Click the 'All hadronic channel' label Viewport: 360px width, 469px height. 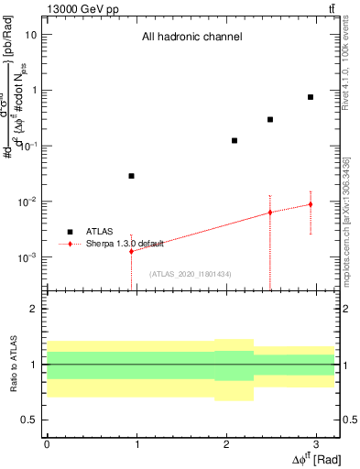point(191,38)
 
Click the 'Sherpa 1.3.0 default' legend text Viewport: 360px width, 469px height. point(125,244)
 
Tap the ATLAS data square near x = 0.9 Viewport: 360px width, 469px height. point(132,176)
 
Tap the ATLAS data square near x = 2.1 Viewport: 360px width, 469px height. point(235,140)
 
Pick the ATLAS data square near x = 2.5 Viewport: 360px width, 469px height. point(270,119)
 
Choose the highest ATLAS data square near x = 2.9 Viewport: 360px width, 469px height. point(311,97)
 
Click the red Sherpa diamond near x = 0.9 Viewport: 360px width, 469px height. point(132,251)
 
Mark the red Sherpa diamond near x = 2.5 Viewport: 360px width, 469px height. point(270,213)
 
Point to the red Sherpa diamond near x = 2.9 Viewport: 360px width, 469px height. point(311,204)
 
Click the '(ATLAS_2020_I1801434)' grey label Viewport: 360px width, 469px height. point(190,274)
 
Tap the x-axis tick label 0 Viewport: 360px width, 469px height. point(47,444)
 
